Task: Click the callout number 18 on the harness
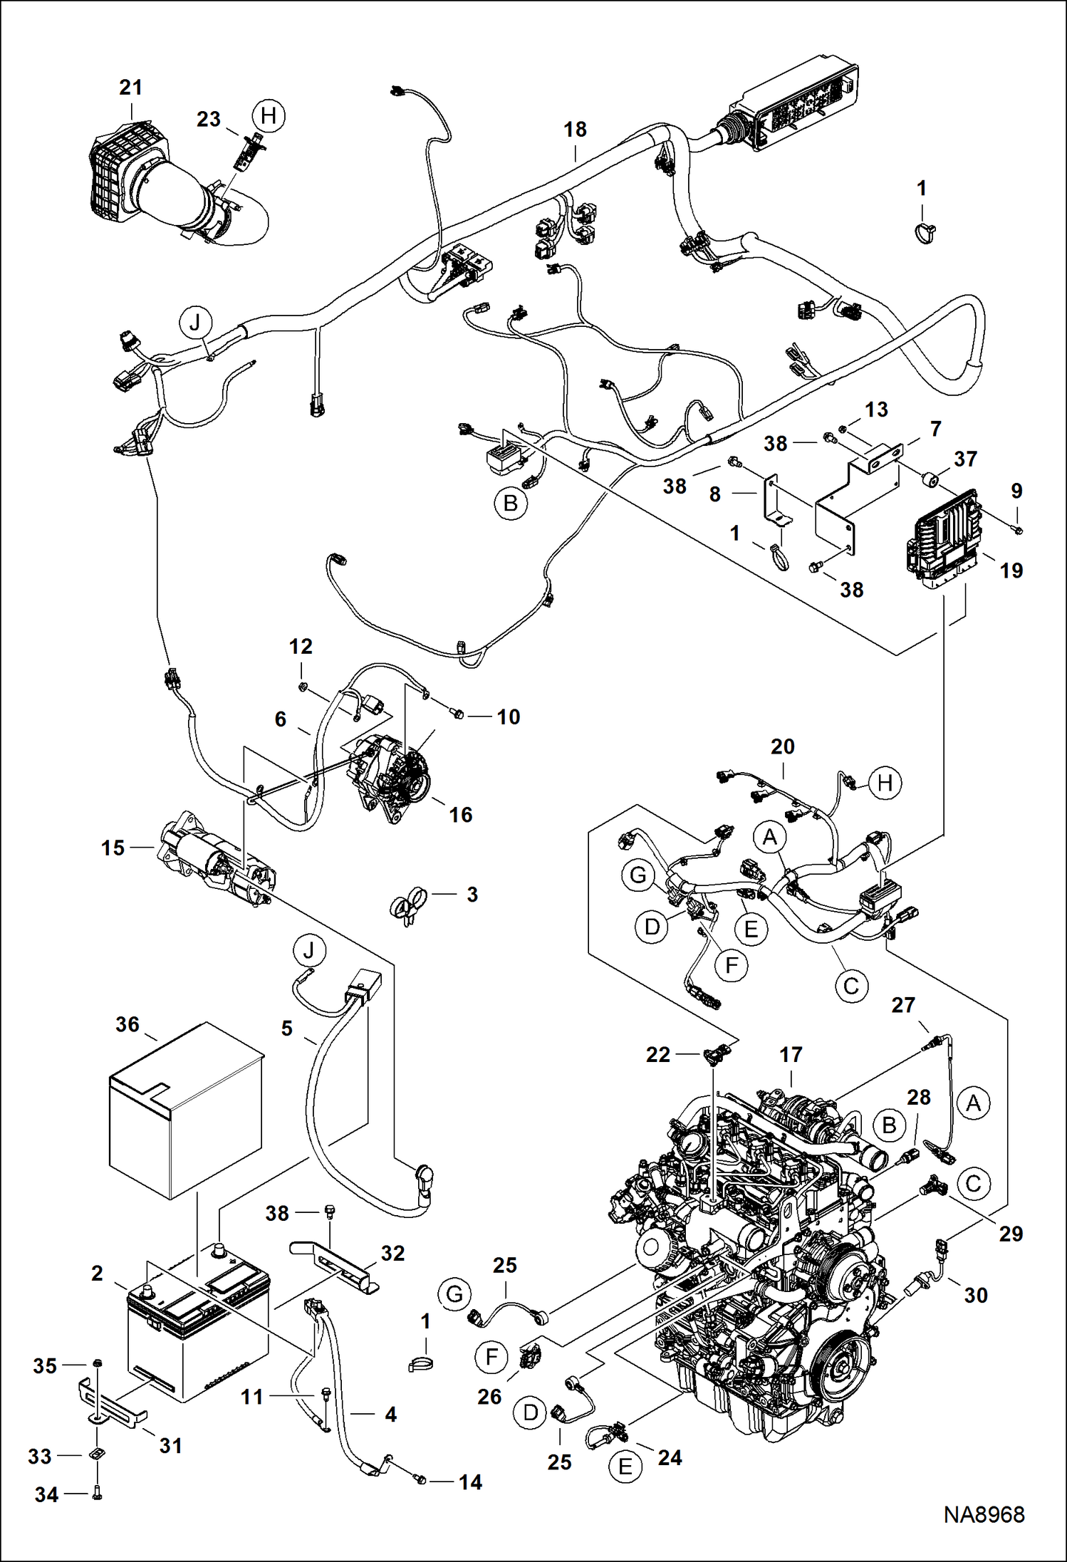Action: tap(575, 130)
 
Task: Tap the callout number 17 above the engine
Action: tap(791, 1055)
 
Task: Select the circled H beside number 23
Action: tap(269, 115)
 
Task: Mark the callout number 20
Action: tap(782, 747)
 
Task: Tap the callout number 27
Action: tap(902, 1005)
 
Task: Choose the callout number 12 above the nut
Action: tap(301, 647)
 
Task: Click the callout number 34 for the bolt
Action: tap(46, 1494)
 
